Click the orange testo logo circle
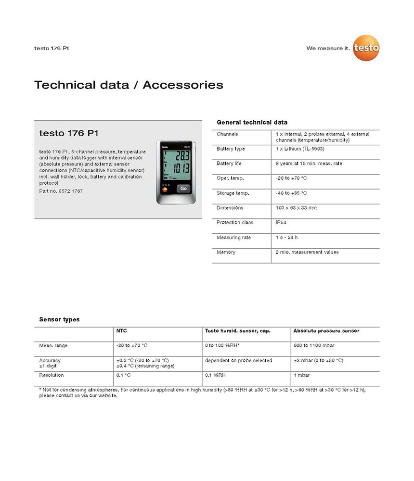[366, 48]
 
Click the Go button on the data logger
[183, 189]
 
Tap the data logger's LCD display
[176, 164]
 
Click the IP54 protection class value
[281, 223]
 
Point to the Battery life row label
[229, 164]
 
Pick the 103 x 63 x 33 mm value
[296, 208]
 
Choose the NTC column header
[122, 331]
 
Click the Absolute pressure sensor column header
[326, 331]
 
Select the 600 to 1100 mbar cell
[313, 345]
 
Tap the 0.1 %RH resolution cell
[216, 375]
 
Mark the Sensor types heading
[59, 319]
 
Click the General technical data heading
[252, 123]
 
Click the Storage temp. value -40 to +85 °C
[291, 193]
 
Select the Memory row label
[226, 252]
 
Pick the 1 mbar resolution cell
[301, 375]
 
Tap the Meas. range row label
[53, 345]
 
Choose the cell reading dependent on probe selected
[238, 360]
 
